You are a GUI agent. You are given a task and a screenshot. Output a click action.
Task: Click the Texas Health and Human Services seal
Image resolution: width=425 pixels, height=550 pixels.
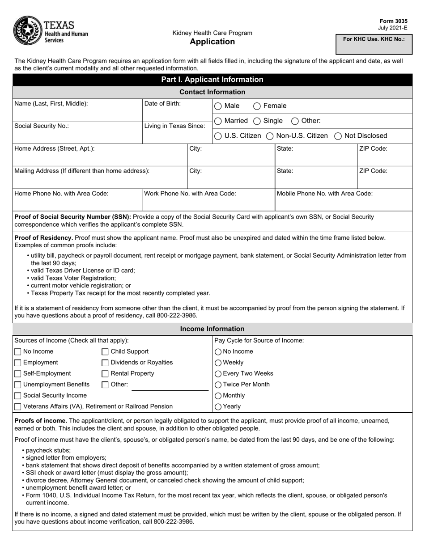tap(27, 30)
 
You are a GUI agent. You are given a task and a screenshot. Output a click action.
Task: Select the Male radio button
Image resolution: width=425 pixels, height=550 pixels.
tap(218, 106)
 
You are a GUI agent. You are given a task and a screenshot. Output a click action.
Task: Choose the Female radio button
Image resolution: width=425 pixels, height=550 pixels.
tap(257, 106)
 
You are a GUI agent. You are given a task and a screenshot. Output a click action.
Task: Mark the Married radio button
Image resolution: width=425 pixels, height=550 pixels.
tap(218, 121)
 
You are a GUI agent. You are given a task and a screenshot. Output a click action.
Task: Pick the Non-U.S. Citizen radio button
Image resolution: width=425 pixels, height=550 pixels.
tap(270, 136)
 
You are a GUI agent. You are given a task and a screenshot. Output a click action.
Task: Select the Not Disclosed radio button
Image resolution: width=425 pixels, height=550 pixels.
tap(338, 136)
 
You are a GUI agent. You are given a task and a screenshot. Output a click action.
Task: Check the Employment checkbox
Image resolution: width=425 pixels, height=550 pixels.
tap(18, 363)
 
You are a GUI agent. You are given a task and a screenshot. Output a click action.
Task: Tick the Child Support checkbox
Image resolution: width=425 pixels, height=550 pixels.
tap(105, 352)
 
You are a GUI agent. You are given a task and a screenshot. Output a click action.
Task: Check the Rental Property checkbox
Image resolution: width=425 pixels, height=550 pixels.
tap(105, 374)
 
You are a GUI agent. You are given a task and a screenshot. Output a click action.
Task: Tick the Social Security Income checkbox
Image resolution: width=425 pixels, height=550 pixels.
tap(18, 396)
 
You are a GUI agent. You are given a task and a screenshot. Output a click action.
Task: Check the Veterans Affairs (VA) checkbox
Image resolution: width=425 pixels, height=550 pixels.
tap(18, 406)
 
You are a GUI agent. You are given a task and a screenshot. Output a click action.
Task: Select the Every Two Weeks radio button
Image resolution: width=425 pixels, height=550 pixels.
tap(218, 374)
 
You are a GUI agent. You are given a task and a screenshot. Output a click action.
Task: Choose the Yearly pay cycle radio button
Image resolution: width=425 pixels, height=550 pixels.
tap(218, 407)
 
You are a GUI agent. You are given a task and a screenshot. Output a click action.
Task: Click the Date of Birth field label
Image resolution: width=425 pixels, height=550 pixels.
tap(162, 104)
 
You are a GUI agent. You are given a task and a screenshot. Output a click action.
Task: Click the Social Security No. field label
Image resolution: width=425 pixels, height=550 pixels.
tap(42, 126)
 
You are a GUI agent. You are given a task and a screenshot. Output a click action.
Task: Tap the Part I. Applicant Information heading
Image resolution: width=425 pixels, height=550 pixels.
tap(212, 80)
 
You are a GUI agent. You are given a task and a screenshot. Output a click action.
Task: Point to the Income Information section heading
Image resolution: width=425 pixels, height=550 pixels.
tap(212, 329)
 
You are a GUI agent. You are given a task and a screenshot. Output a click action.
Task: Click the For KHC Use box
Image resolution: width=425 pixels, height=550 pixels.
tap(374, 44)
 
